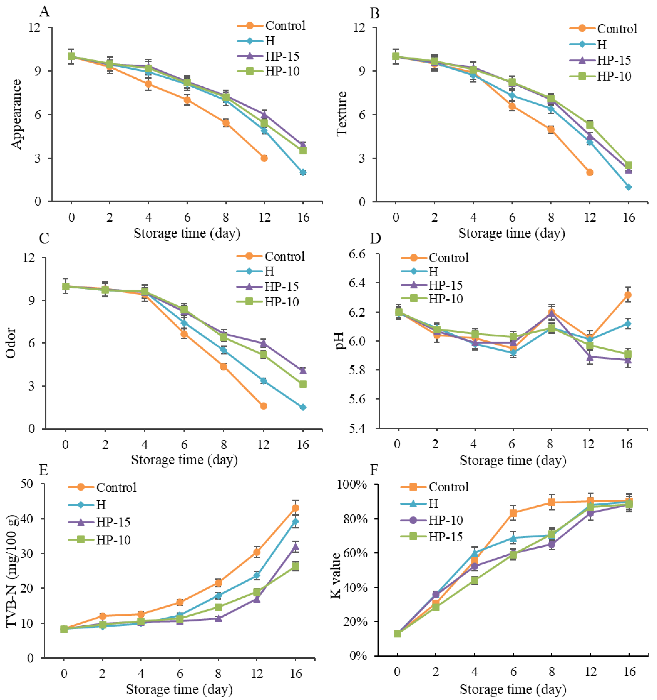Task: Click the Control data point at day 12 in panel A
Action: point(264,158)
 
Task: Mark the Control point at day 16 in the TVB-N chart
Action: point(295,508)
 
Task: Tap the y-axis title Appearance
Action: point(17,114)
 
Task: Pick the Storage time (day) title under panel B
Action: point(511,233)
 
